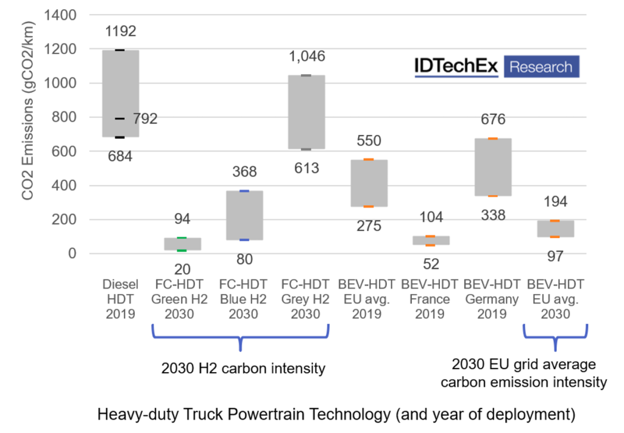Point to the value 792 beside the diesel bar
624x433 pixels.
(145, 119)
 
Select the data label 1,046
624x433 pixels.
(307, 57)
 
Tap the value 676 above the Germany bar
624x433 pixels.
(492, 120)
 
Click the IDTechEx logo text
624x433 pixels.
(456, 66)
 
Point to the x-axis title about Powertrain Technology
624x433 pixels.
(336, 415)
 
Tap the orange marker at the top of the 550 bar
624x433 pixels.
(369, 160)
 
